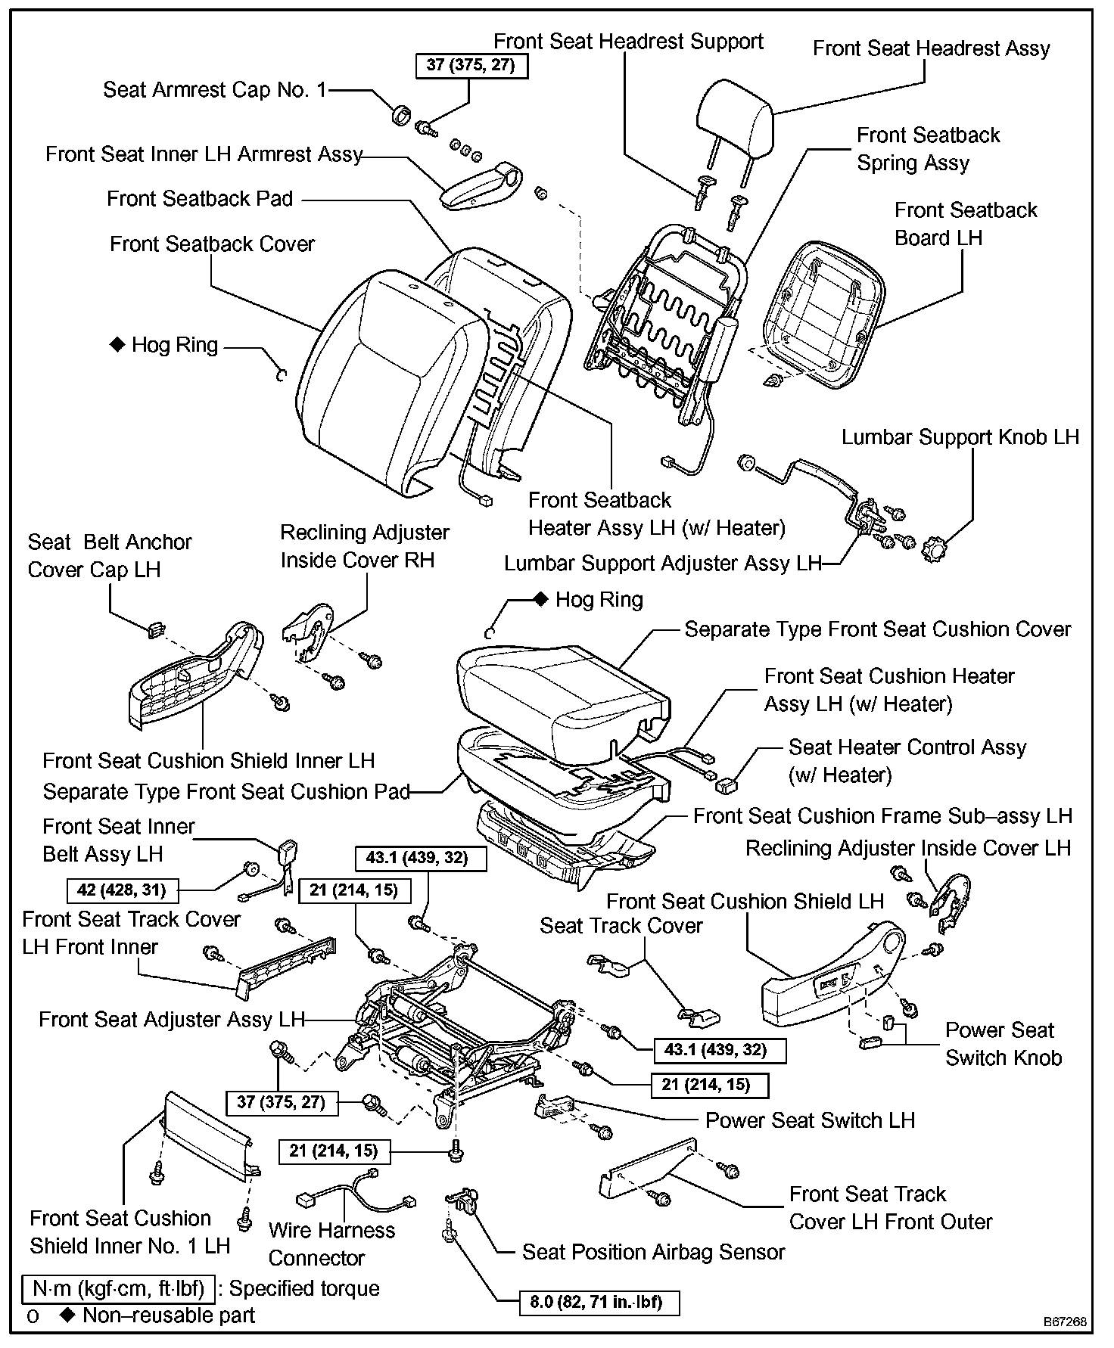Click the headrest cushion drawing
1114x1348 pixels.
coord(734,116)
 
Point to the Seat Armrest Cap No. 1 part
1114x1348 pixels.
coord(400,115)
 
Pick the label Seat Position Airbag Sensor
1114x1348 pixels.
coord(653,1252)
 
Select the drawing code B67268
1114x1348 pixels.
coord(1065,1322)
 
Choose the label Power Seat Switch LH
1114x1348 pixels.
coord(810,1120)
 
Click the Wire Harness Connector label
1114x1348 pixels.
coord(331,1244)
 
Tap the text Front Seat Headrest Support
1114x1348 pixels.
coord(628,42)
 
